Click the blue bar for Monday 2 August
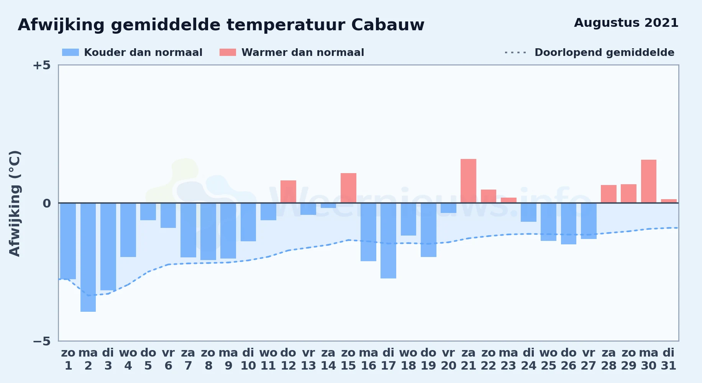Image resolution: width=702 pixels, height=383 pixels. (88, 257)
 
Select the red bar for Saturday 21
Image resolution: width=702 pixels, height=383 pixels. (468, 181)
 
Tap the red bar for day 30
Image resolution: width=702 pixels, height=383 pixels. (648, 181)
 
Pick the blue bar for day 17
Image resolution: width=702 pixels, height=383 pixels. (388, 241)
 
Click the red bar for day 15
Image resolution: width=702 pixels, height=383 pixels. (348, 188)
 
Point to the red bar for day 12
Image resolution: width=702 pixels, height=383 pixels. (288, 191)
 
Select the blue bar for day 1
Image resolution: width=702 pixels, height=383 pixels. (68, 241)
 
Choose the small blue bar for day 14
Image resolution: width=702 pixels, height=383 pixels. (328, 206)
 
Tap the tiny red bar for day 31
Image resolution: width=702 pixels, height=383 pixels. (669, 201)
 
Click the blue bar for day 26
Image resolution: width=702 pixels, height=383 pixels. (569, 224)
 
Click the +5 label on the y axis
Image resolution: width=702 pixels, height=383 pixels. (41, 65)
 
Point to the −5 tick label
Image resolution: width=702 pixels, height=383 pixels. (41, 341)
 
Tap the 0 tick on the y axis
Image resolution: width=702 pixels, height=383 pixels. (47, 203)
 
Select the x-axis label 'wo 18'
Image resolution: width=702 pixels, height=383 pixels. (408, 359)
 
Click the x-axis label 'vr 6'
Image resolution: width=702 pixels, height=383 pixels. (168, 359)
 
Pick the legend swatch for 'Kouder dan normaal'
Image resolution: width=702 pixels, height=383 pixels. (71, 52)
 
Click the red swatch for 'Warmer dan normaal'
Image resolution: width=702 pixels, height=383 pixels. (228, 52)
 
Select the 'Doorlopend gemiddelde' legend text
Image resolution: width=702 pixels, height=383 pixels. (604, 52)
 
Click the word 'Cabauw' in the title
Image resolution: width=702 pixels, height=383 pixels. (388, 25)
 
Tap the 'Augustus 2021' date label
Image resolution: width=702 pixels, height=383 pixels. (626, 23)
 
